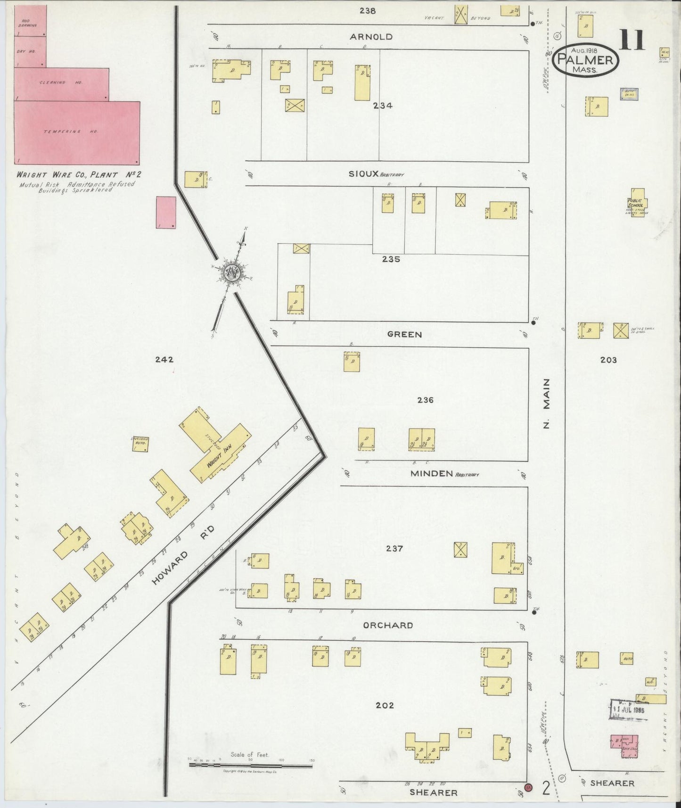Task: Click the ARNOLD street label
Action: (x=371, y=37)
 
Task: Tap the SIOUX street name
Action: (x=363, y=173)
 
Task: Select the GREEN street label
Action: (x=404, y=334)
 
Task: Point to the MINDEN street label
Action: (x=432, y=473)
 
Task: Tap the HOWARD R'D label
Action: (x=184, y=555)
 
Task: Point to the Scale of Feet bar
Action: (x=250, y=765)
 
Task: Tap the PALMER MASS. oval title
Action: (x=585, y=60)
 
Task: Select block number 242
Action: (x=164, y=359)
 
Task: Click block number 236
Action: (x=425, y=400)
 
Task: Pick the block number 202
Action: (x=385, y=705)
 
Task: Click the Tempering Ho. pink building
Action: (x=71, y=132)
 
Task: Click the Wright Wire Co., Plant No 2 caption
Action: (x=79, y=174)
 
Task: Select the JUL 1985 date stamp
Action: (x=628, y=709)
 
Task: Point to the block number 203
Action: (x=608, y=360)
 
